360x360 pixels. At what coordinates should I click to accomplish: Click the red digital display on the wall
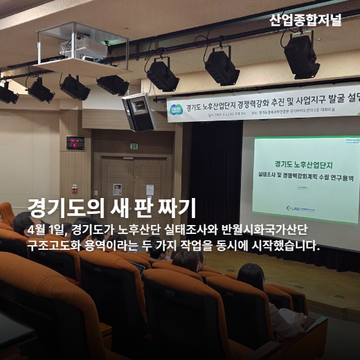point(75,143)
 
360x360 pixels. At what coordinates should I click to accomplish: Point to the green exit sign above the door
point(134,146)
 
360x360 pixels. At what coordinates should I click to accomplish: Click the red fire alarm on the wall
point(75,188)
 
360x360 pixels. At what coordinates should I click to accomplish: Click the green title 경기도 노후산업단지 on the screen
point(303,165)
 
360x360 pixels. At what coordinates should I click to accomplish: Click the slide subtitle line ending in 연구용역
point(303,177)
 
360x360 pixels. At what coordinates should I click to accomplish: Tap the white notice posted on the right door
point(150,189)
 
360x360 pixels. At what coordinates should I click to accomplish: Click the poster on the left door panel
point(118,188)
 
